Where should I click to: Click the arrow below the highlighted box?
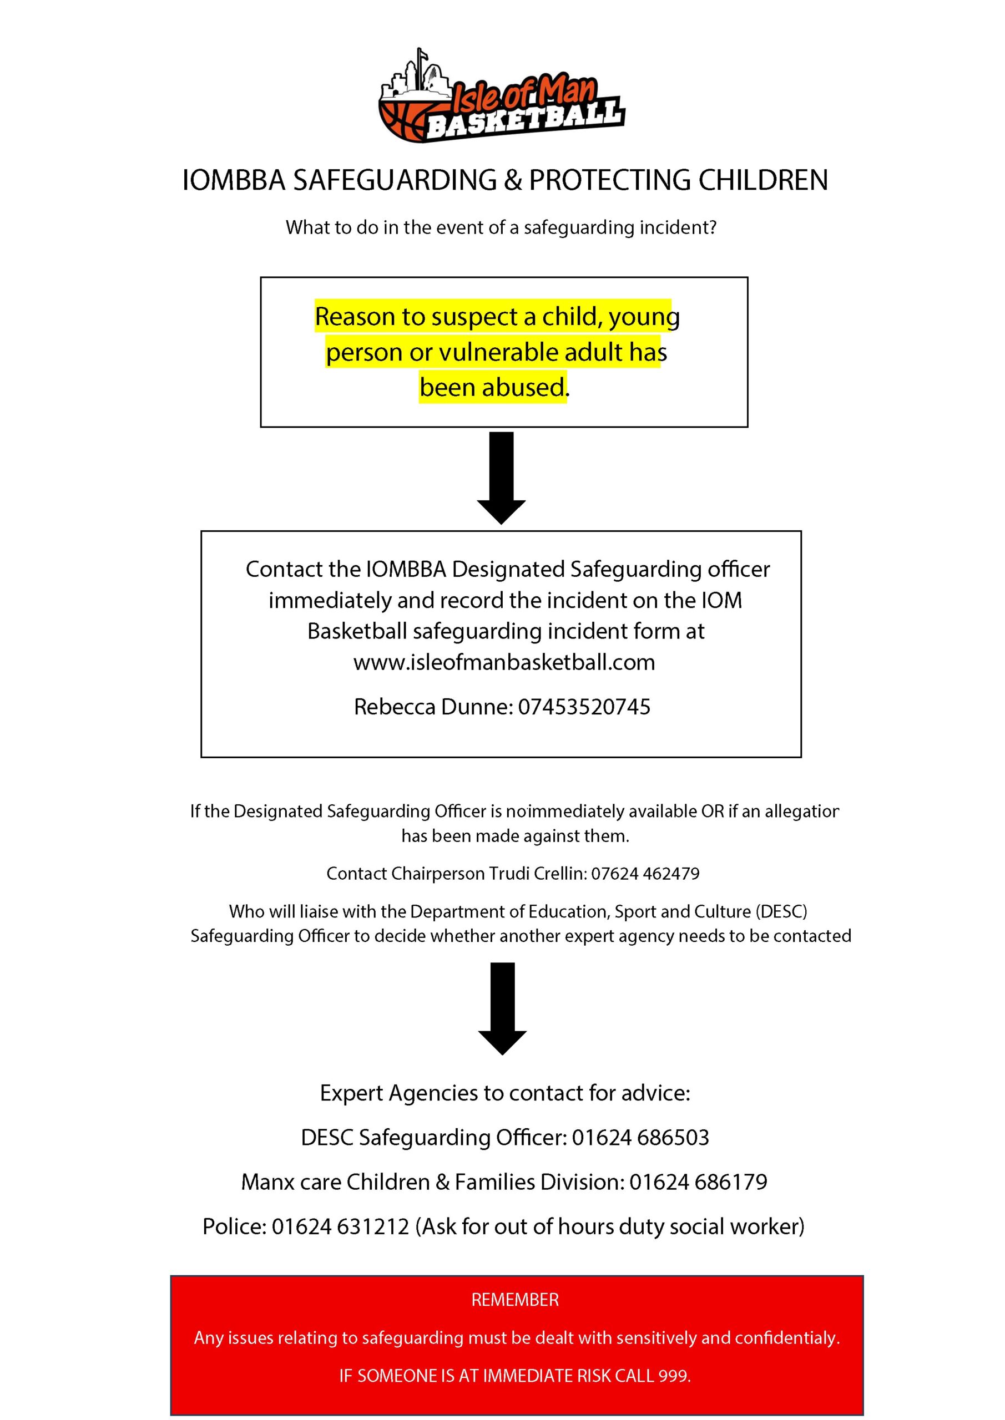coord(501,478)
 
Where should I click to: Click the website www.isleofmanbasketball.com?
coord(504,662)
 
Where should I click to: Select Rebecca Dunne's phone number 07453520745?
coord(584,706)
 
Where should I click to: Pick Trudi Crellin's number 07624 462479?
coord(645,873)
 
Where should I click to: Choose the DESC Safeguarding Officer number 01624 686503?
coord(640,1137)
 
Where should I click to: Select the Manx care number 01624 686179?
coord(698,1182)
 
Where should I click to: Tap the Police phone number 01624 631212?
coord(340,1226)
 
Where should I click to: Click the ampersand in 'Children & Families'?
coord(442,1182)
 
